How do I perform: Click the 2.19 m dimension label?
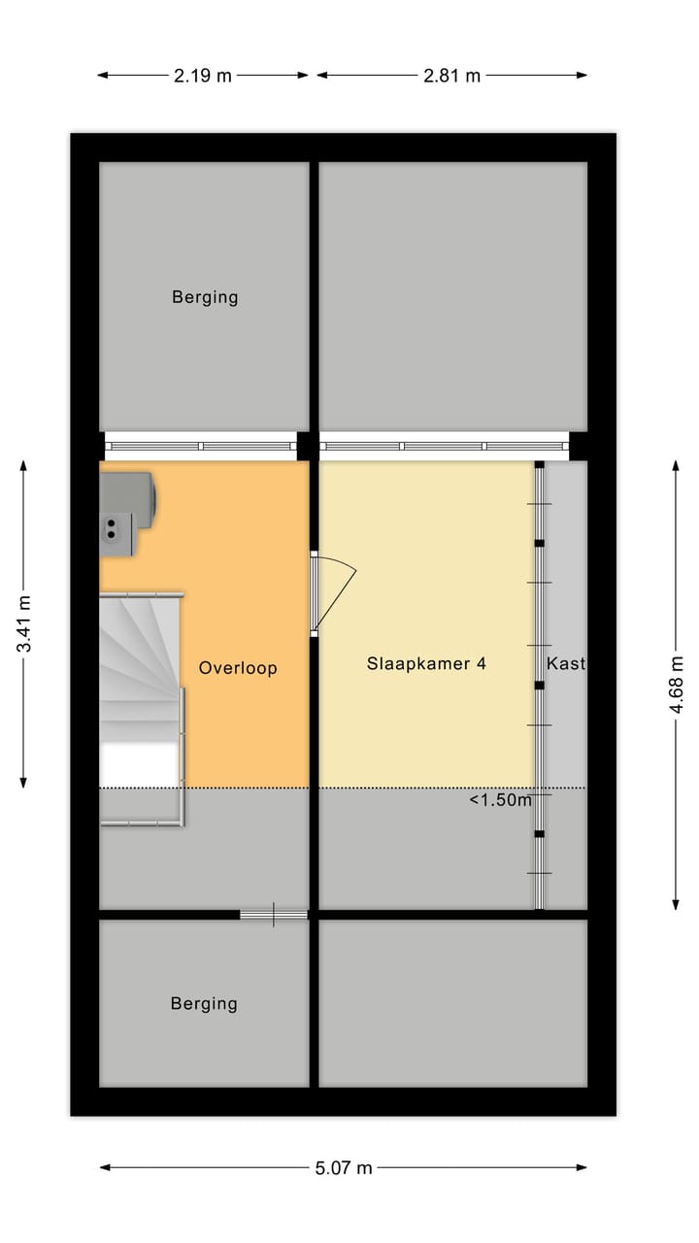[203, 76]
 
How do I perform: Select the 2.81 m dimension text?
[451, 76]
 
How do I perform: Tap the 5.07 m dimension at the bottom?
[343, 1168]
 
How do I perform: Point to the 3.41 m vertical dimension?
[24, 622]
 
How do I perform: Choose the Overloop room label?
[238, 668]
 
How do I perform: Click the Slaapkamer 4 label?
[426, 664]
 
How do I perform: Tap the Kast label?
[566, 664]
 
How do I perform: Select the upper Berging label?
[205, 297]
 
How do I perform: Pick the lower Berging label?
[204, 1003]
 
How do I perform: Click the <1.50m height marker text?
[501, 800]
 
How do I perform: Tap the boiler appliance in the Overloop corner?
[127, 513]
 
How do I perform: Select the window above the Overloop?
[201, 447]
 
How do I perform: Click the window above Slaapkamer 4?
[444, 447]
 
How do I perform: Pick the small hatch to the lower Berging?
[274, 914]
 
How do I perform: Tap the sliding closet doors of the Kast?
[540, 685]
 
